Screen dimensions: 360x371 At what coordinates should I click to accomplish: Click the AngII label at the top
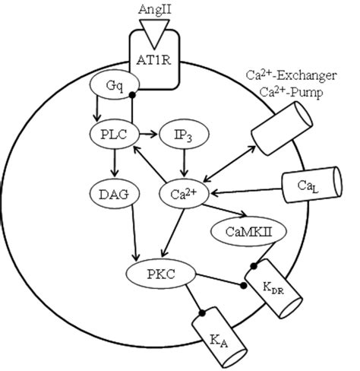pos(155,10)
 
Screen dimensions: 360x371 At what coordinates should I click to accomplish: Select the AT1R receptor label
pos(153,60)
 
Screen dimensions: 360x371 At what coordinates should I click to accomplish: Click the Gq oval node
pos(115,86)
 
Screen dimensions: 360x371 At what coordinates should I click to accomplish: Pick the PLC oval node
pos(115,135)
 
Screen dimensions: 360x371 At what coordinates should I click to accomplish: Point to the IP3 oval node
pos(184,135)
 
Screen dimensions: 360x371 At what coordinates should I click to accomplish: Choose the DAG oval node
pos(115,195)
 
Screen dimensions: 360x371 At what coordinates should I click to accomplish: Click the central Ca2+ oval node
pos(184,195)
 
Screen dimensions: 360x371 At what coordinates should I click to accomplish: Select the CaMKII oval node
pos(248,232)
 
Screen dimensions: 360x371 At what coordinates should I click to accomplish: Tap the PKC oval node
pos(161,274)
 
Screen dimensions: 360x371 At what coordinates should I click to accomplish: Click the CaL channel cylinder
pos(312,185)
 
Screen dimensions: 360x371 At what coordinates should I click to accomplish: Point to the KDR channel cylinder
pos(274,288)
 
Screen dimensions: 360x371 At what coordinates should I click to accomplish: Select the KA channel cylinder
pos(219,338)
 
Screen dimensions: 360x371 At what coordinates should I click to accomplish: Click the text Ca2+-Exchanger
pos(292,75)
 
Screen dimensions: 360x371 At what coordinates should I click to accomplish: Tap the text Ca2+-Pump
pos(292,93)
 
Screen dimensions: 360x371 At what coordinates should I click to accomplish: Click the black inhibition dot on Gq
pos(132,95)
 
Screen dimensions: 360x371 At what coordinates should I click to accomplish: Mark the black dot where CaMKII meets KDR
pos(254,266)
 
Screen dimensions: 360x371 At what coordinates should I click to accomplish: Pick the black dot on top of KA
pos(202,313)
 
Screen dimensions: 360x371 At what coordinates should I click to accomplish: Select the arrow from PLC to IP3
pos(148,135)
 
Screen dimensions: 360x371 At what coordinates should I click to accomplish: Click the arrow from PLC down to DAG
pos(115,163)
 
